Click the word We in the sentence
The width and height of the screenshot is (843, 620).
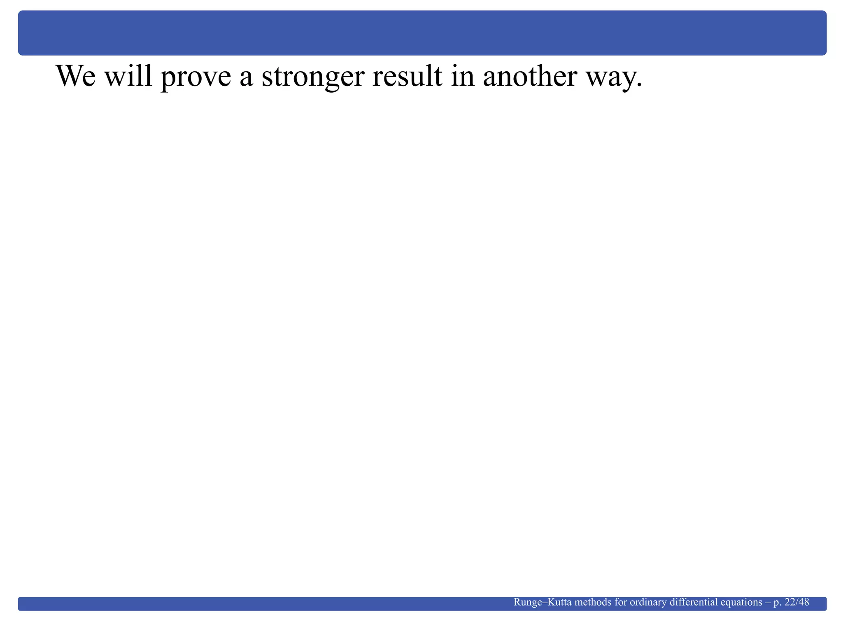click(x=76, y=77)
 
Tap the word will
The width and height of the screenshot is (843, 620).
click(x=128, y=77)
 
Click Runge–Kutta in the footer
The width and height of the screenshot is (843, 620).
click(x=542, y=602)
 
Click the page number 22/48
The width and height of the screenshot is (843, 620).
click(x=797, y=602)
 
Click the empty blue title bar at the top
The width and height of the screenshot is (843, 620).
click(x=421, y=33)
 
